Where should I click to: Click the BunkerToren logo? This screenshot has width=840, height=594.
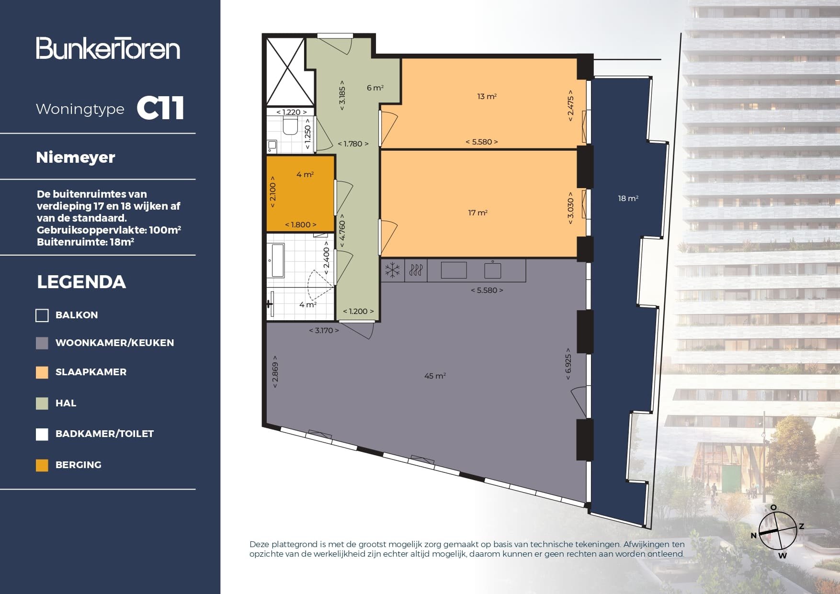pos(108,48)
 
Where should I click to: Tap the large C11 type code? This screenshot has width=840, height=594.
pos(160,109)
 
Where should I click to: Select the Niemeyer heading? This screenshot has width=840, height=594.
pos(76,157)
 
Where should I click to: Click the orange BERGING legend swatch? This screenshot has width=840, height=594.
pos(42,465)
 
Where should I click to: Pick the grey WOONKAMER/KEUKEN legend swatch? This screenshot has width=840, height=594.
pos(42,343)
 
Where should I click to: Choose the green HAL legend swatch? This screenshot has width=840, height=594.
pos(42,403)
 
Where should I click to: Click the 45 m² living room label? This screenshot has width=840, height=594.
pos(435,376)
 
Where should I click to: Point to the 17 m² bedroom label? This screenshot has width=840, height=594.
pos(477,213)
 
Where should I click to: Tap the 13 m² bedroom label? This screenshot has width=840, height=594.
pos(487,97)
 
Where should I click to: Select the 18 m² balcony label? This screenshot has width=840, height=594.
pos(628,199)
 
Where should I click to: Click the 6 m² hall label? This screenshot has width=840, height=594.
pos(375,88)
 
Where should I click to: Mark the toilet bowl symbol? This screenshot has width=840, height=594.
pos(290,126)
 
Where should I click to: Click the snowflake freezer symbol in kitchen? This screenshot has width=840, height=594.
pos(393,270)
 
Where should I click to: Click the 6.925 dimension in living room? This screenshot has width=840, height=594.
pos(568,364)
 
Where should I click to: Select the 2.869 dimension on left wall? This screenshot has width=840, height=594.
pos(275,371)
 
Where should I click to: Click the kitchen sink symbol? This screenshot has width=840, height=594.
pos(492,270)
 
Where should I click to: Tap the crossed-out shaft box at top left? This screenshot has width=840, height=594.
pos(286,71)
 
